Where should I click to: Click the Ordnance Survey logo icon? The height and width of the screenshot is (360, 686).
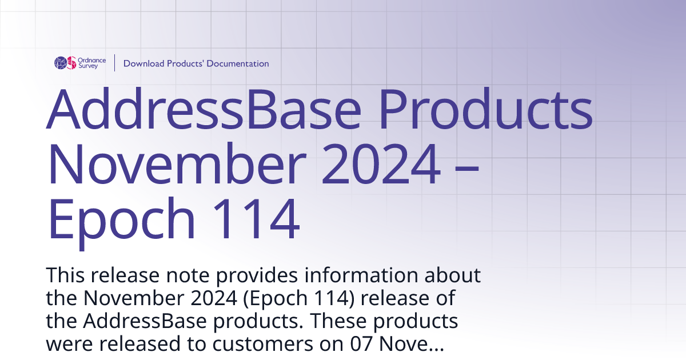coord(65,63)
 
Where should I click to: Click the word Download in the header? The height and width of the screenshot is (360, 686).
coord(143,63)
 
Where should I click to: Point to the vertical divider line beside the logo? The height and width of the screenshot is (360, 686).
coord(115,63)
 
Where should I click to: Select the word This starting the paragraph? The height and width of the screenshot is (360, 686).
coord(66,275)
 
